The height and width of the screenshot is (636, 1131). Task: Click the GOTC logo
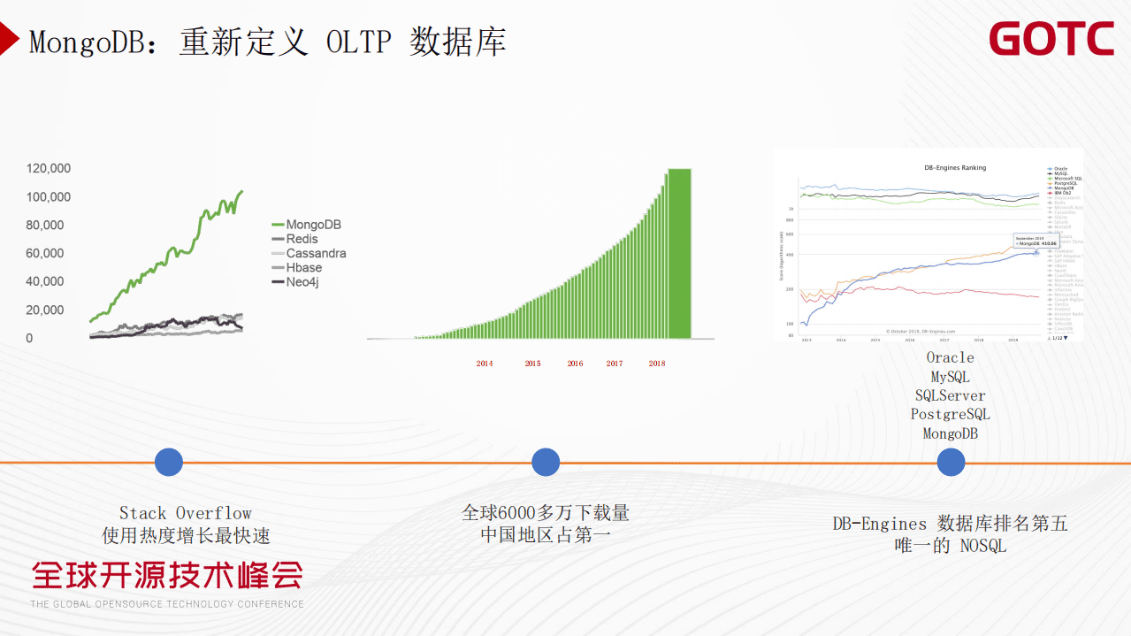1051,40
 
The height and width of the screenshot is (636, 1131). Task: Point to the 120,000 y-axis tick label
49,169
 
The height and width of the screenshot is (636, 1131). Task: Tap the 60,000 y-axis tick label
45,254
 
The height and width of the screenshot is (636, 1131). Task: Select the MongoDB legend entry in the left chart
313,226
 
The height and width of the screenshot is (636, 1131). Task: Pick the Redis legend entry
302,240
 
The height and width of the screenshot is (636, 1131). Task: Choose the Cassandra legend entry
316,254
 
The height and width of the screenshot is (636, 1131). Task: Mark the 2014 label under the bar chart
485,364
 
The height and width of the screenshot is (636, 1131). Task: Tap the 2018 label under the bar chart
657,364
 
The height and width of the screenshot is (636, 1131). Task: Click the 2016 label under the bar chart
575,364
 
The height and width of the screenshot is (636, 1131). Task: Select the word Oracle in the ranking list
951,358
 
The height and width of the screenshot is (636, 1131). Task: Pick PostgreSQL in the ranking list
951,415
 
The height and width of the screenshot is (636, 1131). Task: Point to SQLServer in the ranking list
951,396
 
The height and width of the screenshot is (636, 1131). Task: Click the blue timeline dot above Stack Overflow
169,462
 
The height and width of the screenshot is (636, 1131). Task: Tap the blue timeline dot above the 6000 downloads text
546,462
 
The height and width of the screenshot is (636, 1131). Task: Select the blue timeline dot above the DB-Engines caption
951,462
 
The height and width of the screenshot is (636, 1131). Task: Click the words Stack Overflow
186,514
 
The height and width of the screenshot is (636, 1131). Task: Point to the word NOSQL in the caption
983,547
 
